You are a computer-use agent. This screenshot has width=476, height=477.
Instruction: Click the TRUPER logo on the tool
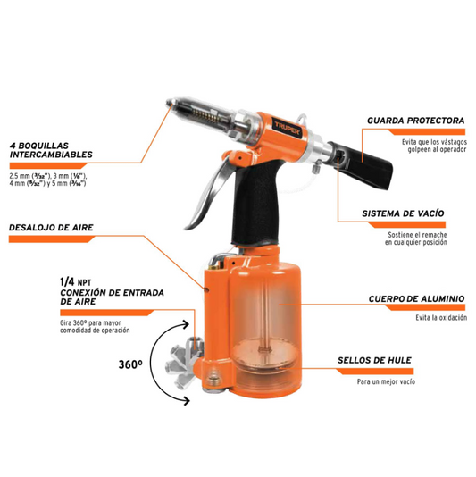pyautogui.click(x=288, y=128)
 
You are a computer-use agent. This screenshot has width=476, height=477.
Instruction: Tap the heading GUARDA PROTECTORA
pyautogui.click(x=416, y=121)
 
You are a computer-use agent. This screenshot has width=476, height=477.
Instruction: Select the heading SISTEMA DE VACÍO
pyautogui.click(x=403, y=213)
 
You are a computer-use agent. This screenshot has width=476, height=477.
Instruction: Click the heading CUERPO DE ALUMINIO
pyautogui.click(x=416, y=298)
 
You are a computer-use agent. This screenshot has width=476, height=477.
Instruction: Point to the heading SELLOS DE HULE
pyautogui.click(x=374, y=361)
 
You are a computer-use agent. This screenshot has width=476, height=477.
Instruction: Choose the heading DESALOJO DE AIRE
pyautogui.click(x=51, y=228)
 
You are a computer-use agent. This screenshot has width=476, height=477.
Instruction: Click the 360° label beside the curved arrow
pyautogui.click(x=130, y=364)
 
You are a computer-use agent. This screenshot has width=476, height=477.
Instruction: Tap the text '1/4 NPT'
pyautogui.click(x=75, y=282)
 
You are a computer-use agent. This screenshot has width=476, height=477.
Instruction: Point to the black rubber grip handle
pyautogui.click(x=255, y=204)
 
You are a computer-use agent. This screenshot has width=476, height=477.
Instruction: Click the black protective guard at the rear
pyautogui.click(x=362, y=164)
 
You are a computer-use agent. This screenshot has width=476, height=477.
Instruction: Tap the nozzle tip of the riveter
pyautogui.click(x=169, y=103)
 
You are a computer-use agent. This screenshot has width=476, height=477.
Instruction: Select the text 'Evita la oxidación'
pyautogui.click(x=441, y=318)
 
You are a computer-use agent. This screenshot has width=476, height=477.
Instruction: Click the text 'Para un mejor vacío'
pyautogui.click(x=386, y=381)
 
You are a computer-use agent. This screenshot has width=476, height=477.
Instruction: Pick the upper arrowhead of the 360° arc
pyautogui.click(x=185, y=325)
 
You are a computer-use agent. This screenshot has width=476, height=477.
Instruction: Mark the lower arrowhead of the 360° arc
pyautogui.click(x=186, y=400)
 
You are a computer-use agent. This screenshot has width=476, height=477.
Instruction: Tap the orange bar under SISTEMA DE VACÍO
pyautogui.click(x=406, y=225)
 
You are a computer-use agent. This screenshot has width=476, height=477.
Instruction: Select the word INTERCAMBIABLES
pyautogui.click(x=51, y=155)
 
